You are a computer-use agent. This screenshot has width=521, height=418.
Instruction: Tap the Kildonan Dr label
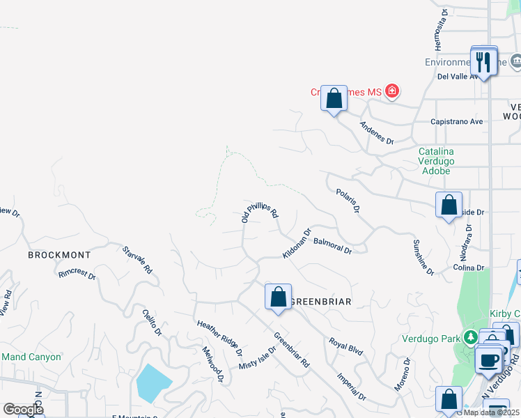point(297,243)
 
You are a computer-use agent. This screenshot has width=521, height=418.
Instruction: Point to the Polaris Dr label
point(348,200)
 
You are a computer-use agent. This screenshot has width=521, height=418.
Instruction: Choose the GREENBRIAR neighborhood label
point(320,302)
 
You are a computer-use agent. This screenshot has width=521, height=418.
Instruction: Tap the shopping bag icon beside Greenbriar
point(278,297)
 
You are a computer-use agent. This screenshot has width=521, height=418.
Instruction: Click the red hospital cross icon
point(392,91)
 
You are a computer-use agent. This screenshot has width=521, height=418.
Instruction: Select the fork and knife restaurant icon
point(483,62)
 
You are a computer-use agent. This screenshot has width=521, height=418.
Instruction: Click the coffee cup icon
point(489,361)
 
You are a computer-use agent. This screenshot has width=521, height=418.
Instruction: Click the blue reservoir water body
point(154,382)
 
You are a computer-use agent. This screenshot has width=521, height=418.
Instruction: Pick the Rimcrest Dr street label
point(77,273)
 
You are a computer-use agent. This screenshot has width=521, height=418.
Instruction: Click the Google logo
point(23,409)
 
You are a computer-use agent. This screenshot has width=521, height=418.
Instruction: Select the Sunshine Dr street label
point(423,256)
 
